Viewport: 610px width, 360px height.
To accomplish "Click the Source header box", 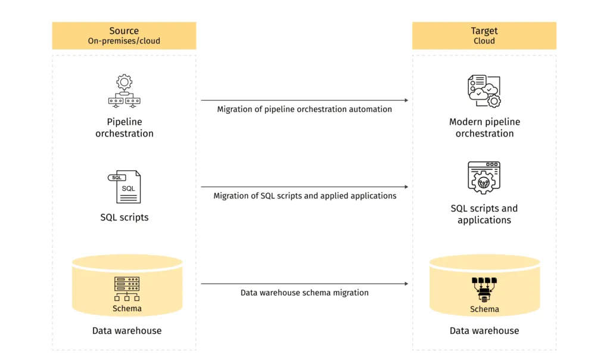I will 124,36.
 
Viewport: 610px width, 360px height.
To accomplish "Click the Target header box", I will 484,36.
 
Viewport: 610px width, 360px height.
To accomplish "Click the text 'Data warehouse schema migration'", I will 304,293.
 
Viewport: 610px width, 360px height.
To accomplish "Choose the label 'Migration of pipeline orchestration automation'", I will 304,109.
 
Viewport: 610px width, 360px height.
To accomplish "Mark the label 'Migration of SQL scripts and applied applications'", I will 304,195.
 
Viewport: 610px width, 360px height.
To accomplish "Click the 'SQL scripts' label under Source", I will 125,217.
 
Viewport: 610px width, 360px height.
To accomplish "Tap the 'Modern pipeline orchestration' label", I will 484,128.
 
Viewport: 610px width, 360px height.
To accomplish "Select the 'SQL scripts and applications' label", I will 484,214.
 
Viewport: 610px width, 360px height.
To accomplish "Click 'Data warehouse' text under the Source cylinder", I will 126,330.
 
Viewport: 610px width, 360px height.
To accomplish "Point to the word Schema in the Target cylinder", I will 484,309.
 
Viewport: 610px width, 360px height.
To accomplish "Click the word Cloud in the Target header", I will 484,41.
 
